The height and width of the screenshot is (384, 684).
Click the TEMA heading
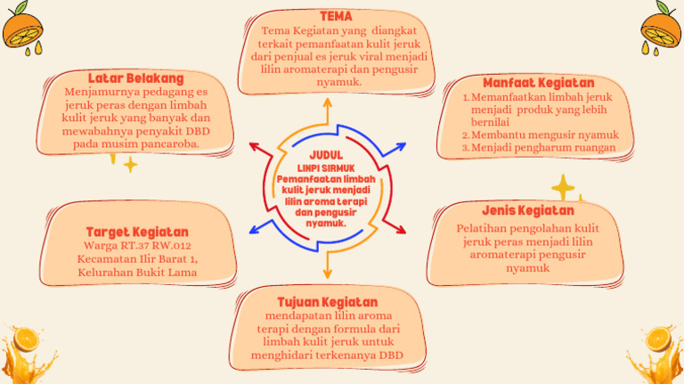point(336,17)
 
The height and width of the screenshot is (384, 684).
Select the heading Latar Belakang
point(135,78)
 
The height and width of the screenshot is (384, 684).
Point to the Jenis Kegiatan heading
point(528,210)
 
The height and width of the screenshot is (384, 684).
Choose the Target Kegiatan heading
point(137,232)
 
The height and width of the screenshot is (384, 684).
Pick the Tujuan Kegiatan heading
point(327,302)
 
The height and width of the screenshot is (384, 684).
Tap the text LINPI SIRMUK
point(326,167)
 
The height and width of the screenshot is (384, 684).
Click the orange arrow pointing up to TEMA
point(327,109)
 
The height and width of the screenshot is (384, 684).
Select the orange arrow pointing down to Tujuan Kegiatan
point(327,266)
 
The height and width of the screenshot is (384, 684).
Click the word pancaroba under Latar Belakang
point(167,143)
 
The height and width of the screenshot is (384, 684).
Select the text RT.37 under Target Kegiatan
point(141,246)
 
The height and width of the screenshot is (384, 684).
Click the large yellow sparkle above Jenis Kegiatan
point(563,187)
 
